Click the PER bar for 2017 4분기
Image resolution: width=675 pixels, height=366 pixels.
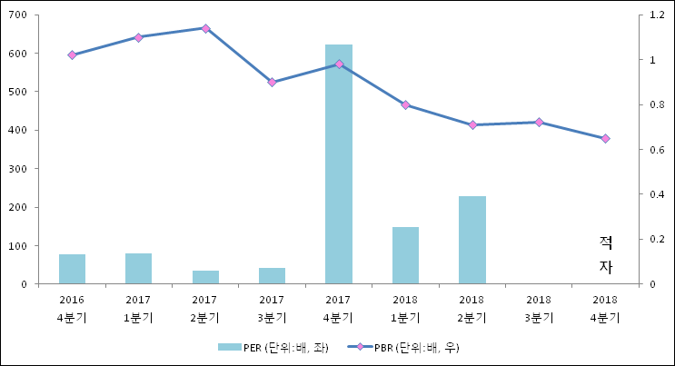click(339, 163)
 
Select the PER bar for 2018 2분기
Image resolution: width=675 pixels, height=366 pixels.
click(472, 240)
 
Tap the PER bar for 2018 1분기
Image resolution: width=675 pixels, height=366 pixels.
click(405, 255)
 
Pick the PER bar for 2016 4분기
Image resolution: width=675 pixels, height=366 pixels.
click(72, 269)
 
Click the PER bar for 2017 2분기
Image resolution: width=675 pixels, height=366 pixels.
click(205, 277)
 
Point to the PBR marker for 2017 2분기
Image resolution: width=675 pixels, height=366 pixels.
click(205, 28)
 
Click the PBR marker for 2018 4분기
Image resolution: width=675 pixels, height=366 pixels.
click(605, 138)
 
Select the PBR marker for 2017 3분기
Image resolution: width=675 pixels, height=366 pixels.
click(272, 82)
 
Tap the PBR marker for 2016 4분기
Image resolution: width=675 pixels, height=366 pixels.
click(72, 54)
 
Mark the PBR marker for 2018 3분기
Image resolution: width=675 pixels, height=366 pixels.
click(539, 122)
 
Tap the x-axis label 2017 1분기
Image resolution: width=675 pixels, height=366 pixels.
click(138, 308)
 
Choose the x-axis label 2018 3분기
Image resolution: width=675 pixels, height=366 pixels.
click(539, 308)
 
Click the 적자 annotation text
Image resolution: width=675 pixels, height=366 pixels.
click(606, 254)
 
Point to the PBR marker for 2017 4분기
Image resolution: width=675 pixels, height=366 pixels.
click(339, 64)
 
